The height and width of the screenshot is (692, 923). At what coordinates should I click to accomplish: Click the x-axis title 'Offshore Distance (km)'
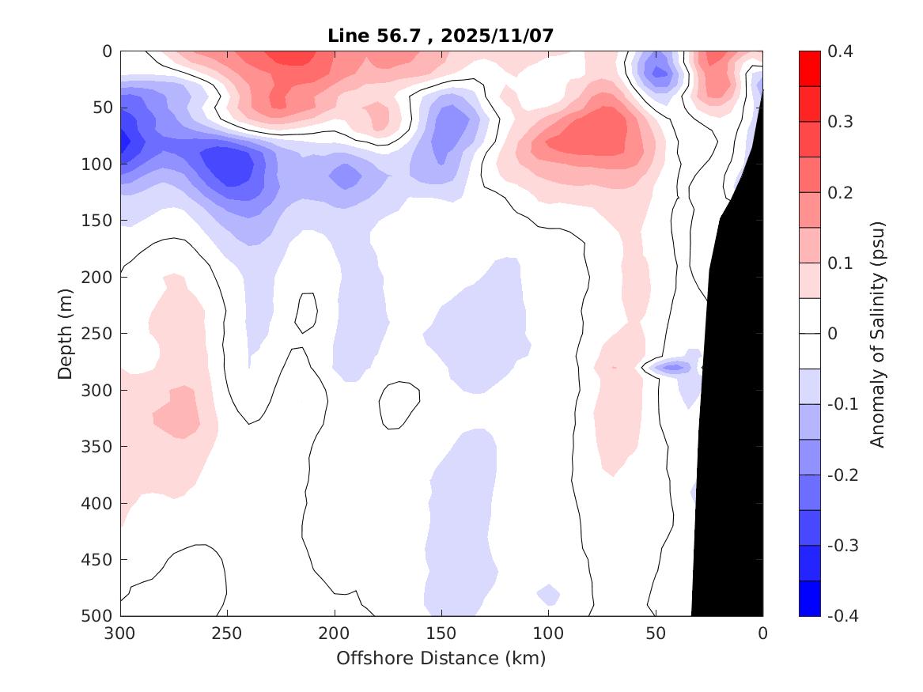pos(441,657)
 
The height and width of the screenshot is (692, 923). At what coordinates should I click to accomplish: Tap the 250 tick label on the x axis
pos(227,633)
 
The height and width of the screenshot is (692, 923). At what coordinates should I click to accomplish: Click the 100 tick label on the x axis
pos(548,633)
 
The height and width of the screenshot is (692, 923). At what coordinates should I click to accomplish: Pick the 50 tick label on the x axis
pos(655,633)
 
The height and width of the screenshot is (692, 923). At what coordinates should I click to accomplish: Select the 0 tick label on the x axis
pos(762,633)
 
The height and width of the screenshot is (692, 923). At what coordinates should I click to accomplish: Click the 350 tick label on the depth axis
pos(99,447)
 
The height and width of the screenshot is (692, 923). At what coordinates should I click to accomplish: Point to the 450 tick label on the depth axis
pos(99,560)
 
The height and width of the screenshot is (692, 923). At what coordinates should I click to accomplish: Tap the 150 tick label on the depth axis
pos(99,221)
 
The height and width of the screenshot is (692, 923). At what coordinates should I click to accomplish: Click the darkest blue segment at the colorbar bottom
pos(809,598)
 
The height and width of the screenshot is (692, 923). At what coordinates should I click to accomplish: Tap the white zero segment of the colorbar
pos(809,333)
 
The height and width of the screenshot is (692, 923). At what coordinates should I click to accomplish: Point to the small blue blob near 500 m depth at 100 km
pos(548,593)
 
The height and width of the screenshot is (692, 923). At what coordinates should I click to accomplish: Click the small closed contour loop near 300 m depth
pos(399,405)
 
